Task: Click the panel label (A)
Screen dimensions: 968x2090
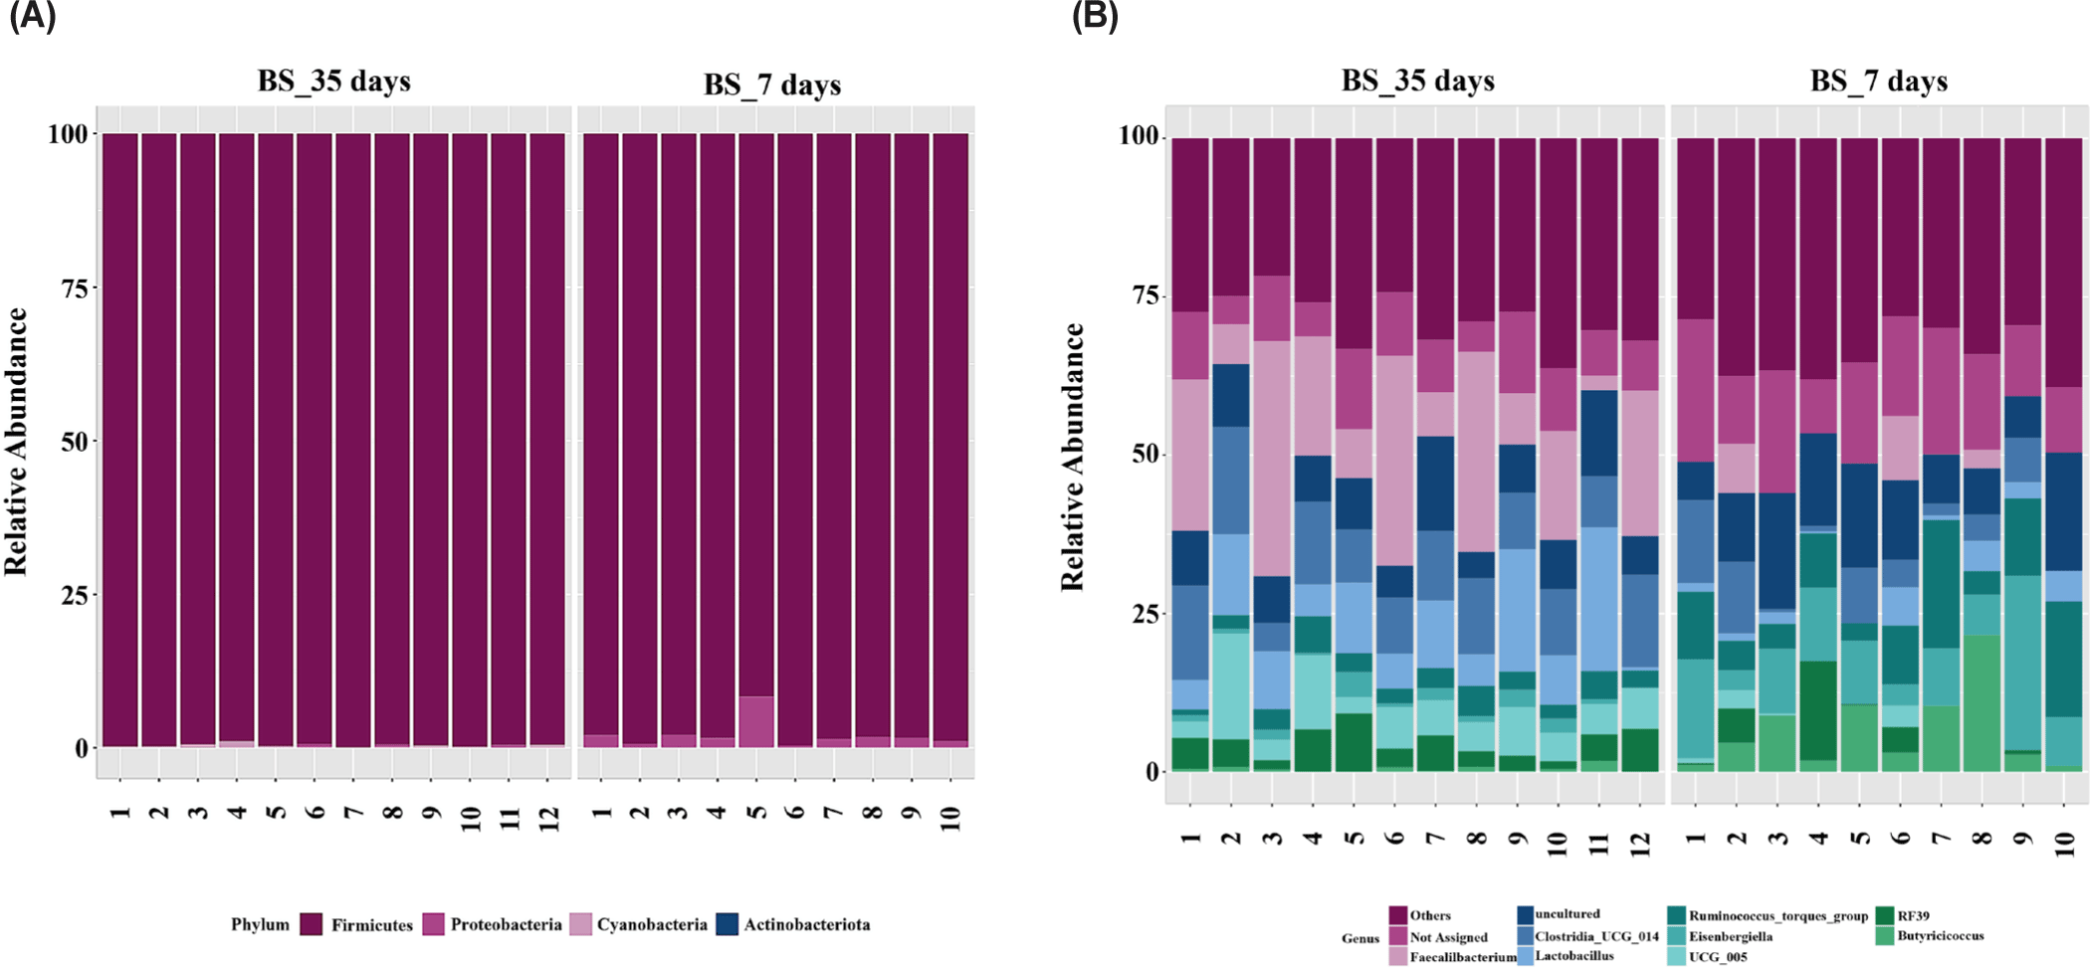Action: pyautogui.click(x=32, y=17)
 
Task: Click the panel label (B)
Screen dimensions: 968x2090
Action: pyautogui.click(x=1095, y=17)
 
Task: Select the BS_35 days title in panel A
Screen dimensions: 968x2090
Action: pyautogui.click(x=333, y=82)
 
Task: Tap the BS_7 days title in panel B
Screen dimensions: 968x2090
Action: pyautogui.click(x=1878, y=82)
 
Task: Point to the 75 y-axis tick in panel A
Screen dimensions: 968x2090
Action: pyautogui.click(x=74, y=288)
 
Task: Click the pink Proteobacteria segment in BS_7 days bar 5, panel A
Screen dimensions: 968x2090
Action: pyautogui.click(x=756, y=721)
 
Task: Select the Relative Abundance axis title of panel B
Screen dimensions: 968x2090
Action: pyautogui.click(x=1072, y=457)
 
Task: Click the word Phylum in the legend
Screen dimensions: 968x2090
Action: pyautogui.click(x=260, y=924)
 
